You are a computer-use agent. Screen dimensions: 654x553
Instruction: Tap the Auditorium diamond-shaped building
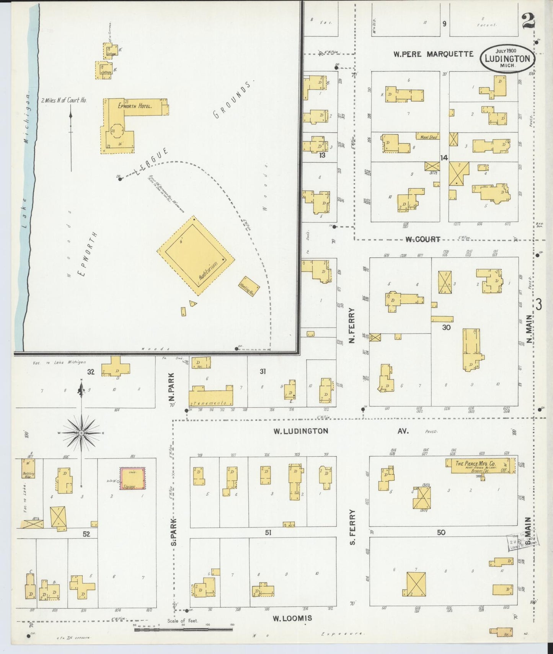click(x=196, y=255)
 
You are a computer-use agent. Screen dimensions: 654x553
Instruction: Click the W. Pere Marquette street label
click(x=433, y=54)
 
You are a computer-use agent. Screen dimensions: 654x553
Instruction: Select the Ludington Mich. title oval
click(x=507, y=59)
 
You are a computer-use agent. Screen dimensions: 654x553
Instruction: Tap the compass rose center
click(x=81, y=433)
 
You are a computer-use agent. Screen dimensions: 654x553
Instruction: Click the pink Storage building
click(x=133, y=478)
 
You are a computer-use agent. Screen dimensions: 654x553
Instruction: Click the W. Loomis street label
click(x=292, y=618)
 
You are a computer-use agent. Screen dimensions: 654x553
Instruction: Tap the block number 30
click(x=446, y=327)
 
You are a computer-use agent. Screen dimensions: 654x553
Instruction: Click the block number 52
click(x=86, y=534)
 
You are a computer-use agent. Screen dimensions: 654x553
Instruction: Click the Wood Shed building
click(x=428, y=136)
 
